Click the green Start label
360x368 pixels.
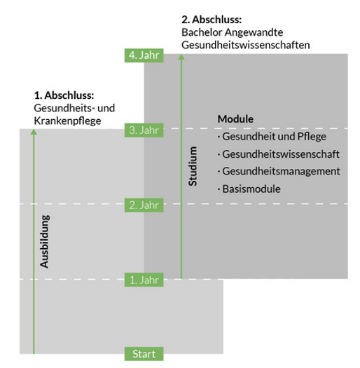pos(144,354)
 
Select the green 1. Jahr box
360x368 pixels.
pos(144,280)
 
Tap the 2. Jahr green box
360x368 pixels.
pos(144,205)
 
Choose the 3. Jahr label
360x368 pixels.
pos(144,130)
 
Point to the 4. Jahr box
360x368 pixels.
pos(144,55)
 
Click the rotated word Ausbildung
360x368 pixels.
pos(45,241)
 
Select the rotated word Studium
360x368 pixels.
pos(193,166)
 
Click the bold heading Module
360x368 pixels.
pos(235,119)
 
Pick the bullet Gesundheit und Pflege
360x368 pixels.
pos(272,137)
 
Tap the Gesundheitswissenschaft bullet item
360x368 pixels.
pos(279,154)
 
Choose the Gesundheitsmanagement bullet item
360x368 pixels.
pos(279,171)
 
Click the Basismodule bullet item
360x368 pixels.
pos(249,189)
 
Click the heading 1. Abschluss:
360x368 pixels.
pos(64,95)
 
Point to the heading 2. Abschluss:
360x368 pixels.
pos(212,20)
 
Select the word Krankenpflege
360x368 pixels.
pos(67,121)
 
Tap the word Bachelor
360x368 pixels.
pos(202,32)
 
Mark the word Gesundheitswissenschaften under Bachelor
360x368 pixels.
pos(246,45)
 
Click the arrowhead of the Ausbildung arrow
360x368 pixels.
pos(34,132)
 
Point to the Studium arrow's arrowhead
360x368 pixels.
pos(181,57)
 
